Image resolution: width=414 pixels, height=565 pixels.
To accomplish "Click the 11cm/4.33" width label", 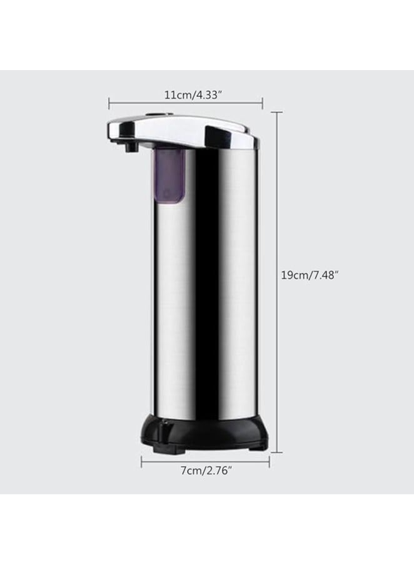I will (186, 95).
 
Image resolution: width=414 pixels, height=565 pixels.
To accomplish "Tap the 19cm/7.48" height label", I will (310, 275).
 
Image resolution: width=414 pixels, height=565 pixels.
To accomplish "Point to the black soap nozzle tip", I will (130, 148).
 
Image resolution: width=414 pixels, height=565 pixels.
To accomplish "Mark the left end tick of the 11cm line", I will (109, 103).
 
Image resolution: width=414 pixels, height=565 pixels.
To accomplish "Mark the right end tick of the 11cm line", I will (262, 103).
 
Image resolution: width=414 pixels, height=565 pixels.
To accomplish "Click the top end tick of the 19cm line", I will (277, 113).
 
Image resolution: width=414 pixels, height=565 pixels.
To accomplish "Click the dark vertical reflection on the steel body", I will (199, 282).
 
